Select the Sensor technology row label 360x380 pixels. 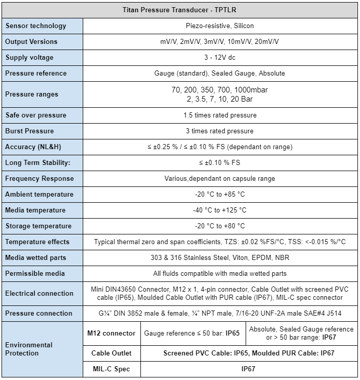(x=36, y=26)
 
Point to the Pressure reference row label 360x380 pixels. (x=36, y=73)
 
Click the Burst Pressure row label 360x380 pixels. (x=29, y=131)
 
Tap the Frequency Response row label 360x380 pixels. (x=39, y=178)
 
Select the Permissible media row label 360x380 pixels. (x=35, y=273)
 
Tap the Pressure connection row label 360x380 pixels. (x=39, y=313)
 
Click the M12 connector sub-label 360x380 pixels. (x=111, y=333)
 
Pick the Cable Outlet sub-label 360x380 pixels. (x=111, y=353)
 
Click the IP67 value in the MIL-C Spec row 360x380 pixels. (x=248, y=369)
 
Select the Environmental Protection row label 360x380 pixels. (x=29, y=349)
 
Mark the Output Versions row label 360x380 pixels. (x=31, y=41)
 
